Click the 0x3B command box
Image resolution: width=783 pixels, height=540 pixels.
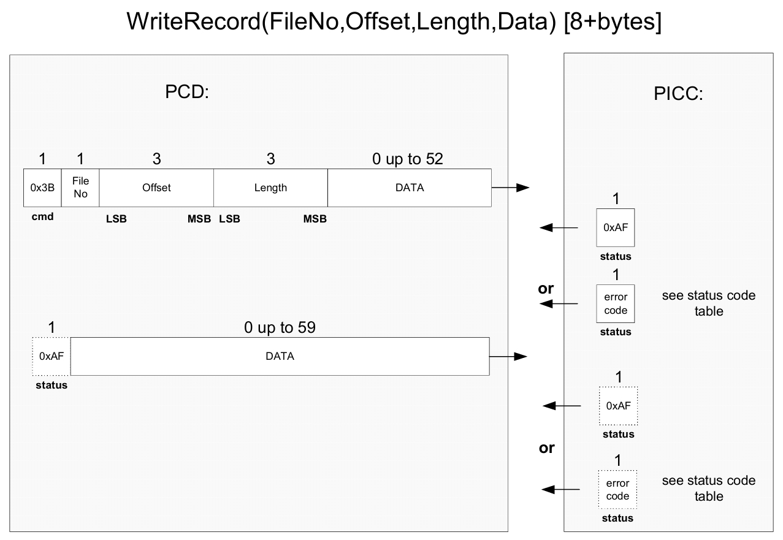(42, 188)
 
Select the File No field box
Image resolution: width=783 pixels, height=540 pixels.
(80, 188)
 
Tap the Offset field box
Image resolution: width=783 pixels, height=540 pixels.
(156, 188)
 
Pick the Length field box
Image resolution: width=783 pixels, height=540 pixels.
(270, 188)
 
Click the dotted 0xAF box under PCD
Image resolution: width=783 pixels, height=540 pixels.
(52, 357)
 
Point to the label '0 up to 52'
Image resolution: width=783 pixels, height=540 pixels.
(408, 159)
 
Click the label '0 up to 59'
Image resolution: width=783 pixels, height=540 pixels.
(280, 327)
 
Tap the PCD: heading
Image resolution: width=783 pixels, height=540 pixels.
(187, 92)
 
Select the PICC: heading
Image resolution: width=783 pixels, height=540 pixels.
(678, 94)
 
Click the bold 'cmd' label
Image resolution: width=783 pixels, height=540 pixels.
(43, 217)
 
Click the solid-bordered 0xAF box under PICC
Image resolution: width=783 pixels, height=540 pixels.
(616, 227)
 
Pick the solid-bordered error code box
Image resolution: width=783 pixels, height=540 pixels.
(616, 304)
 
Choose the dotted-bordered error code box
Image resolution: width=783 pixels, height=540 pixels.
(617, 489)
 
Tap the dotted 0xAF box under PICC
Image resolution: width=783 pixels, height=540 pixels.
(618, 406)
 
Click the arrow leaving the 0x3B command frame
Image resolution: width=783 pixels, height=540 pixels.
(510, 188)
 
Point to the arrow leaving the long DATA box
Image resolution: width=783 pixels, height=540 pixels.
(508, 357)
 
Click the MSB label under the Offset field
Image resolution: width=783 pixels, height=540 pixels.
(199, 219)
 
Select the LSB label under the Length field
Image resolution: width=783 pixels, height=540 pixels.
(230, 219)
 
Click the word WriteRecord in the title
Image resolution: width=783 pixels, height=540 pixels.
(194, 21)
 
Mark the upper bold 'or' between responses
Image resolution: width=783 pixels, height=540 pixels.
(546, 289)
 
